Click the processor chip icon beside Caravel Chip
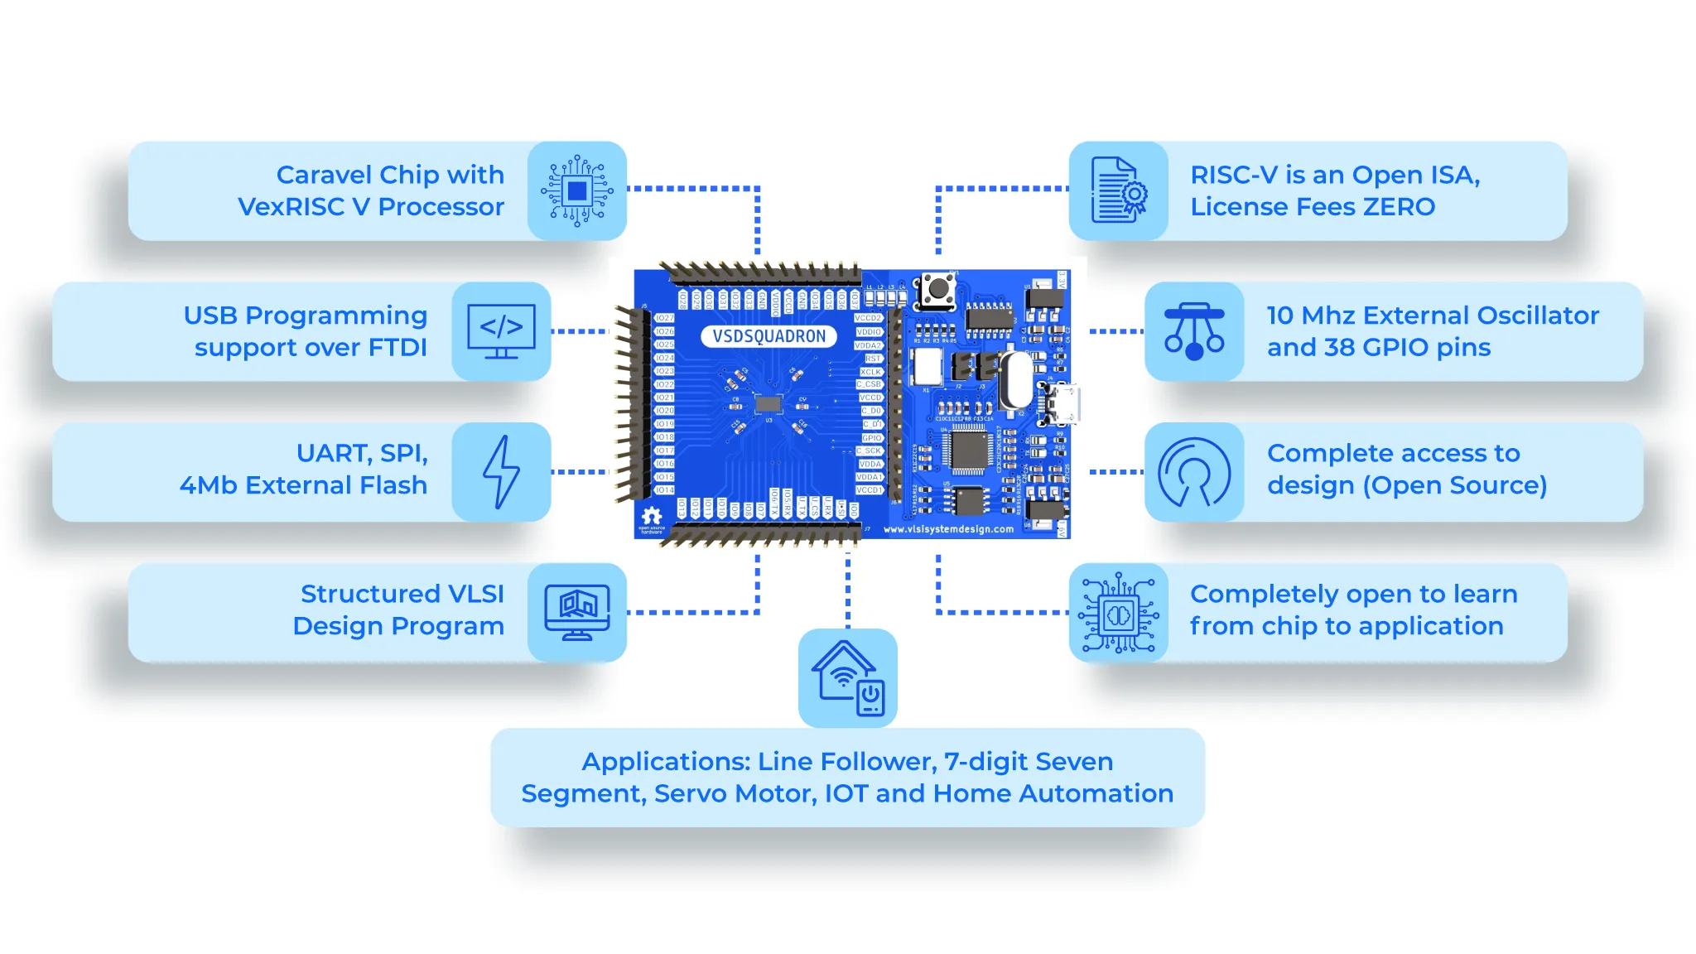[x=577, y=191]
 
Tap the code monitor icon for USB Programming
[x=501, y=331]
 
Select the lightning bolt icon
[x=501, y=472]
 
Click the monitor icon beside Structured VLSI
[x=577, y=613]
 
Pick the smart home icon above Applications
[x=848, y=678]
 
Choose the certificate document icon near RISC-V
[x=1119, y=191]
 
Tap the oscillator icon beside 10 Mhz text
[x=1194, y=331]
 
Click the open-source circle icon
[x=1194, y=472]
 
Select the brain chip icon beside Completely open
[x=1119, y=614]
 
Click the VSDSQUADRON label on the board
[x=769, y=336]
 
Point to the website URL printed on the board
[x=948, y=529]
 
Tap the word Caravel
[x=324, y=176]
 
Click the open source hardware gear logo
[x=652, y=516]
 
